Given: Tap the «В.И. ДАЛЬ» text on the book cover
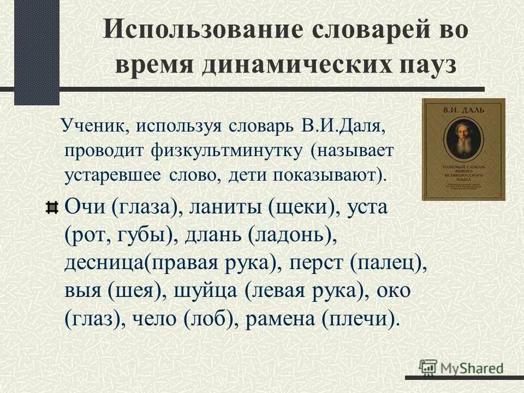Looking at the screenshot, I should click(x=463, y=110).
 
